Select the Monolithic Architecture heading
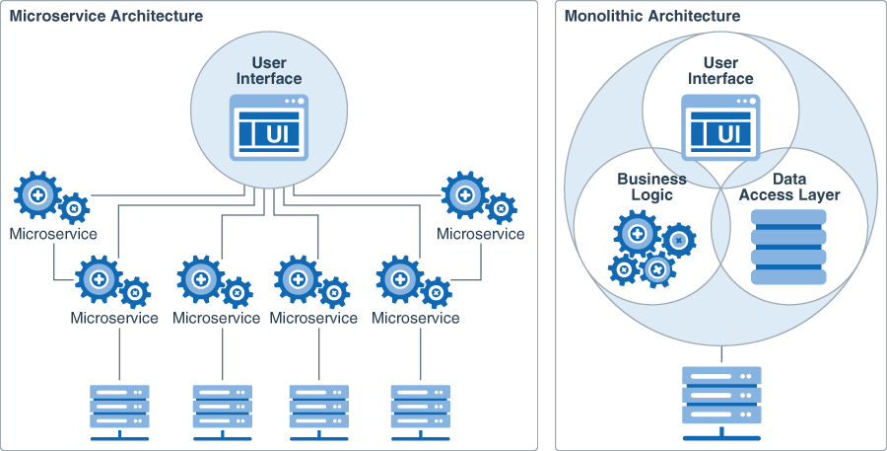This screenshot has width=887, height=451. (651, 16)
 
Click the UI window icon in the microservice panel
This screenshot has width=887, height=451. (268, 126)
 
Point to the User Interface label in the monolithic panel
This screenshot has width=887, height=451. (719, 71)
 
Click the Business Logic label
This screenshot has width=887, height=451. (651, 187)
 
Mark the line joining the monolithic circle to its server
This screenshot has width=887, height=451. (721, 353)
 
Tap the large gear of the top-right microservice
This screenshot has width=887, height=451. (464, 194)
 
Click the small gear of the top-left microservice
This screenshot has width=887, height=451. (74, 208)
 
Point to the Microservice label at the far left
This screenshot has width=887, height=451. (53, 234)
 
